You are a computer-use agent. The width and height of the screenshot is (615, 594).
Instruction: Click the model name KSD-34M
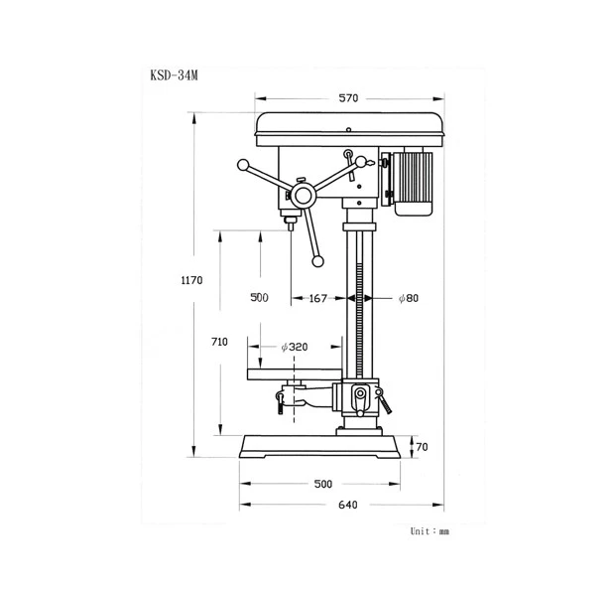coord(174,75)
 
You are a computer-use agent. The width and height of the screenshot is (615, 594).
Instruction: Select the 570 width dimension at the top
coord(348,97)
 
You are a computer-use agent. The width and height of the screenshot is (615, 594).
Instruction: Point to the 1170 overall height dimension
coord(191,280)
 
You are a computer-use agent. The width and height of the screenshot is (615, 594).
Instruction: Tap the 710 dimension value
coord(219,342)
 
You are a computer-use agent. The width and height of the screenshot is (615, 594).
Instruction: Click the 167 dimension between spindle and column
coord(317,299)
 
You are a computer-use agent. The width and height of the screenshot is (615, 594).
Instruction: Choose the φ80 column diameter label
coord(409,298)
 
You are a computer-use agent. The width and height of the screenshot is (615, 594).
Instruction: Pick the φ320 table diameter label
coord(295,347)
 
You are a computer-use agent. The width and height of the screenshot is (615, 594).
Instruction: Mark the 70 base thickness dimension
coord(422,447)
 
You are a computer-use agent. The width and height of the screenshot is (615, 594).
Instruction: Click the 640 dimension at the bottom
coord(348,505)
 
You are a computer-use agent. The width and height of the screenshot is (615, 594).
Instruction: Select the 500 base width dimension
coord(323,484)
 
